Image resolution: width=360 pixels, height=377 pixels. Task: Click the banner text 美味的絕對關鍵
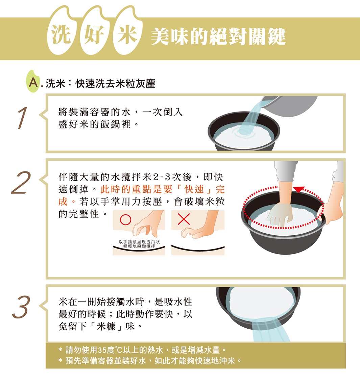[x=218, y=37]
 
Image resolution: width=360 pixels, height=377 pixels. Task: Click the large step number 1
[x=22, y=118]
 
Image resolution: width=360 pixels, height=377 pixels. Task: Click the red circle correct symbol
[x=125, y=219]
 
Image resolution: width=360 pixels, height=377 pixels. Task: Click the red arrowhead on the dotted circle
[x=298, y=189]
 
